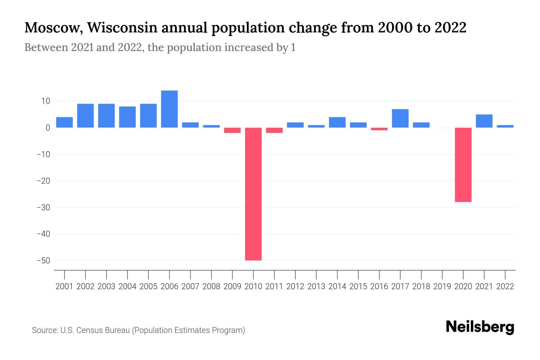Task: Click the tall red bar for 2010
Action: [253, 194]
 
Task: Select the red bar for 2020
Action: [463, 165]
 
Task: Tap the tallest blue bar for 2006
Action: [169, 109]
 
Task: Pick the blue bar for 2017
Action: [400, 118]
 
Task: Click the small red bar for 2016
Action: [379, 129]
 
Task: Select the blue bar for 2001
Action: [64, 122]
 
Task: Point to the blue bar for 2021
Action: [484, 121]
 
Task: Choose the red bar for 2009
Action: [232, 130]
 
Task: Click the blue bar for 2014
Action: [337, 122]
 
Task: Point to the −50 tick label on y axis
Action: [43, 260]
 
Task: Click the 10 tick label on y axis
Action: [46, 101]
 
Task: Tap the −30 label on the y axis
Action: [43, 207]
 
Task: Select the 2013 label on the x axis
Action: [316, 286]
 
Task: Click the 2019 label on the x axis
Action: [442, 286]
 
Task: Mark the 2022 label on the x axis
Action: [505, 286]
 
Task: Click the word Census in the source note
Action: [88, 330]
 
